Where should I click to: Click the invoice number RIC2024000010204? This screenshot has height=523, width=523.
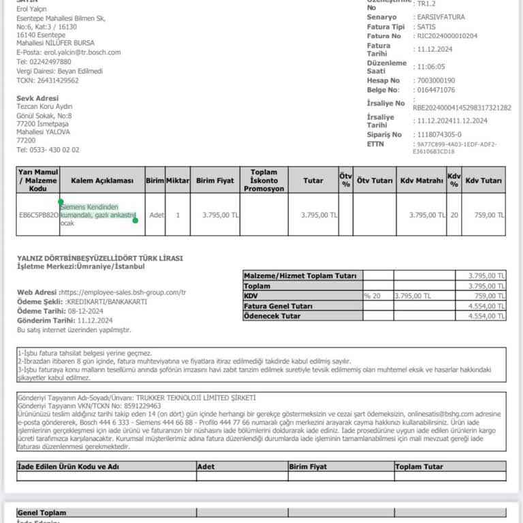(x=447, y=35)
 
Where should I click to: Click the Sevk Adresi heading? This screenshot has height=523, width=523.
(x=37, y=98)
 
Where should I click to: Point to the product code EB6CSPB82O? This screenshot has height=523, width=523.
(x=38, y=215)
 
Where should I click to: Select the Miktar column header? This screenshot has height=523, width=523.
(x=178, y=180)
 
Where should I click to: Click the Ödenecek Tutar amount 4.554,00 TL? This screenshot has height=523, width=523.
(x=486, y=316)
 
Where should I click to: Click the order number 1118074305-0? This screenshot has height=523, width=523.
(x=439, y=135)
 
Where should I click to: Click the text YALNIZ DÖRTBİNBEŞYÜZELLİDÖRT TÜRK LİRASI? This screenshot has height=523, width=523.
(x=99, y=258)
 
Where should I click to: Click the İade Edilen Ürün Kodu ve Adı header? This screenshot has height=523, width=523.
(x=68, y=466)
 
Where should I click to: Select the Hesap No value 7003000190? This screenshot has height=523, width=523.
(x=437, y=80)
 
